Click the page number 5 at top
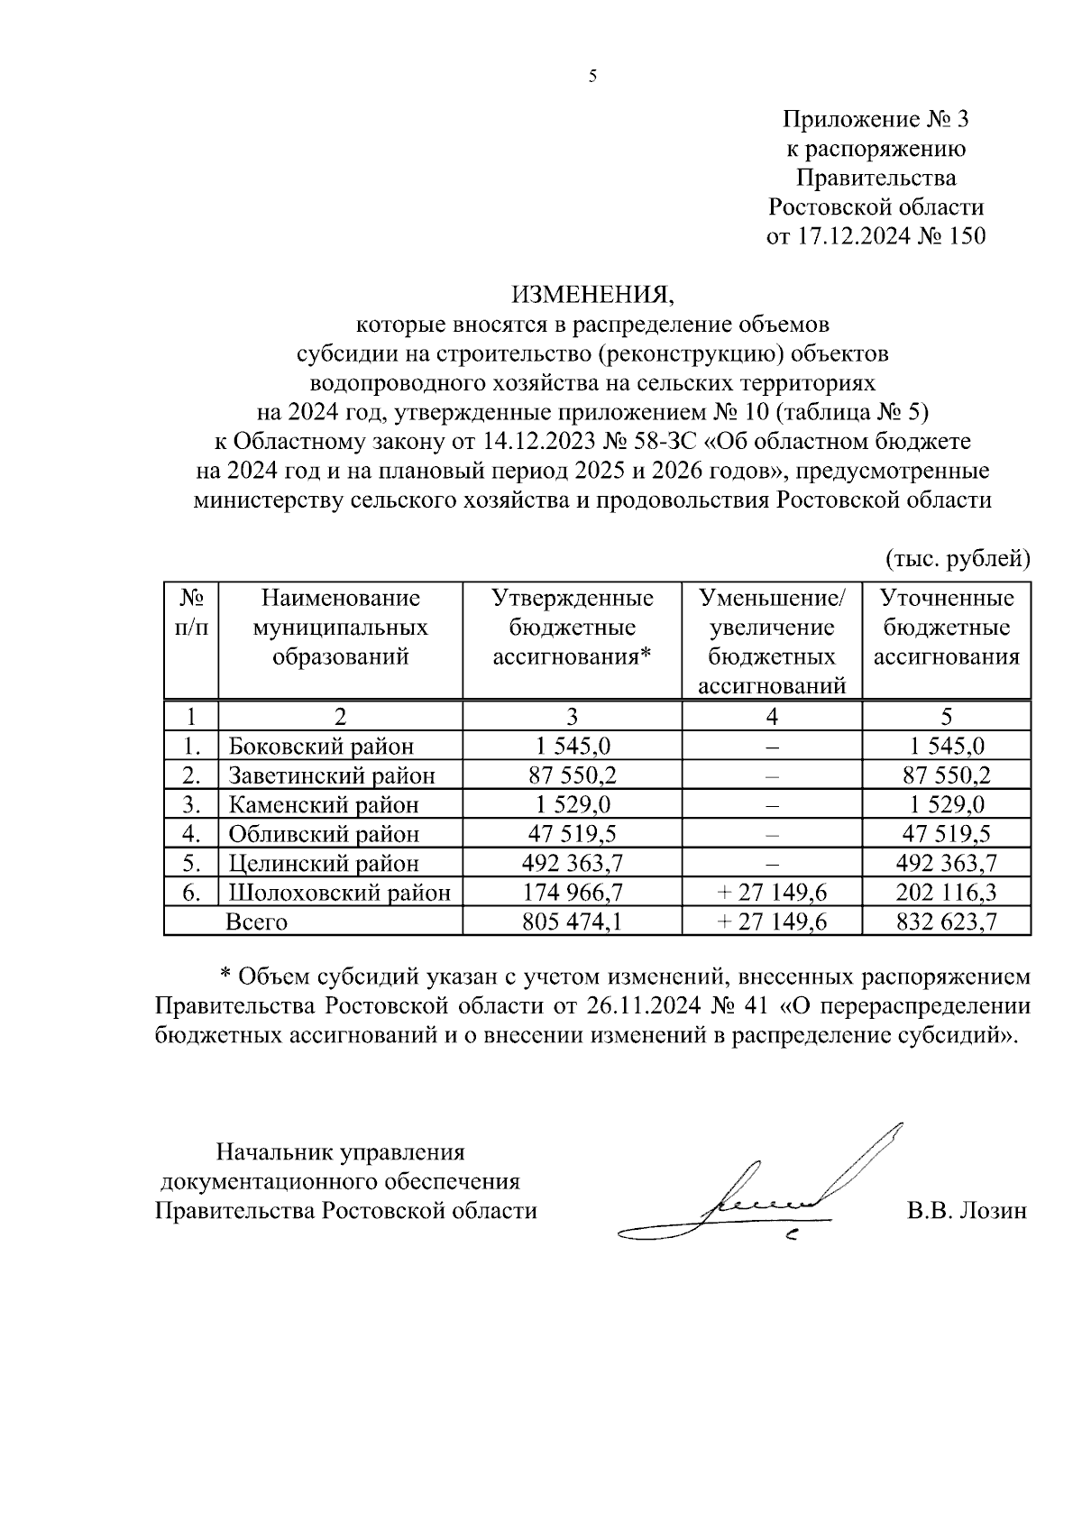[592, 77]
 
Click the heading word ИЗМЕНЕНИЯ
[592, 294]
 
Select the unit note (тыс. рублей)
[958, 559]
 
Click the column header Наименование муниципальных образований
[341, 628]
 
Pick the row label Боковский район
[321, 746]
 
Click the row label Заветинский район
[332, 775]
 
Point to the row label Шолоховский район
[339, 893]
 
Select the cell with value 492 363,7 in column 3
[572, 863]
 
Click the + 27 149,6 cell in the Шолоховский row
[772, 893]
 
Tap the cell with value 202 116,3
[946, 893]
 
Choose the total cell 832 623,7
[946, 921]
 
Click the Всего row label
[256, 921]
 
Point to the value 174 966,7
[572, 893]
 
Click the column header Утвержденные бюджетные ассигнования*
[572, 628]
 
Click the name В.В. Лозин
[967, 1210]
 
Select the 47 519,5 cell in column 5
[946, 834]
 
